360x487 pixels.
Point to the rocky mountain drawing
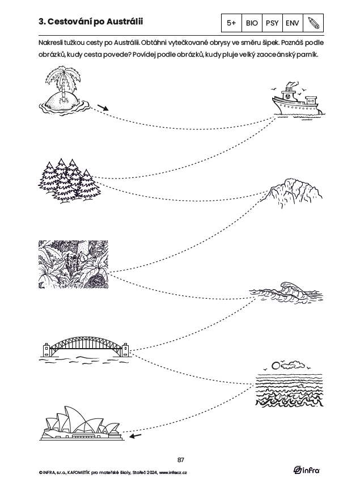[294, 193]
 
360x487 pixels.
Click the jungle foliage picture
[73, 264]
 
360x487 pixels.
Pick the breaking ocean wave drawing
[286, 292]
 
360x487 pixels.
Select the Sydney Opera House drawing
[82, 424]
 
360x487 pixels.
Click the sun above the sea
[275, 365]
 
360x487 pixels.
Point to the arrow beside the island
[103, 108]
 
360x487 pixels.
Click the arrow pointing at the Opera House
[135, 436]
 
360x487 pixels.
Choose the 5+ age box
[231, 23]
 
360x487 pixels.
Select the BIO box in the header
[252, 23]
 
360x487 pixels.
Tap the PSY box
[272, 23]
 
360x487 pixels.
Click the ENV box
[293, 23]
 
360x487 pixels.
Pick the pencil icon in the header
[314, 23]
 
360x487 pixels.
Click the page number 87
[181, 460]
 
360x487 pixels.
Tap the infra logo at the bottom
[307, 470]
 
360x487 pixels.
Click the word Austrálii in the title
[125, 22]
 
